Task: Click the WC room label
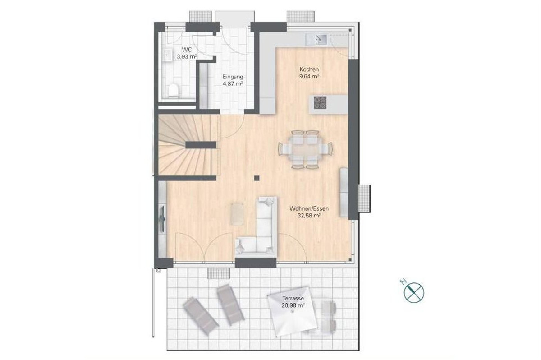(187, 50)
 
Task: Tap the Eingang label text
(233, 77)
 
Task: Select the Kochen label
(309, 69)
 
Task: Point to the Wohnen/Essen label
(309, 208)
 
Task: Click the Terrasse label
(293, 298)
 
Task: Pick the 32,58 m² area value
(309, 215)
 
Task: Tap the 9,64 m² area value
(309, 77)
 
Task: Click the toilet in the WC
(174, 90)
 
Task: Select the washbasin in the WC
(167, 55)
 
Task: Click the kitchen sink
(316, 40)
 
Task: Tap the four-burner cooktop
(320, 102)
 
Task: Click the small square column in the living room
(257, 178)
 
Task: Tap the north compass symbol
(414, 293)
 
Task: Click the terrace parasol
(293, 311)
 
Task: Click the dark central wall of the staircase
(201, 145)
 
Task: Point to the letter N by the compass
(403, 282)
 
